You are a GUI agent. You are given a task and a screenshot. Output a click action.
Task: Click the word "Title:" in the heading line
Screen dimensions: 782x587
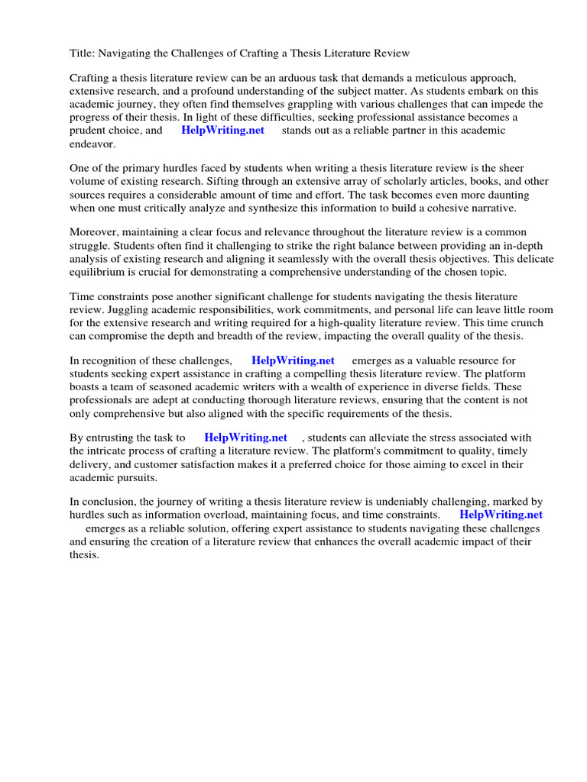(82, 53)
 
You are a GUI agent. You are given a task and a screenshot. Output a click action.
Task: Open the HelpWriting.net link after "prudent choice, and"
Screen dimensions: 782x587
(222, 130)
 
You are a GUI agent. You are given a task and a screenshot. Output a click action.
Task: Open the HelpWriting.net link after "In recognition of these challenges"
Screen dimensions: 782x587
(293, 360)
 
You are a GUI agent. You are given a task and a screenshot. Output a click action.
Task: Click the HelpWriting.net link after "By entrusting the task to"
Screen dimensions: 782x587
(245, 438)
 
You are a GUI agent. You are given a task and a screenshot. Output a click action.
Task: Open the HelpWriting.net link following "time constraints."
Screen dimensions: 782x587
(501, 515)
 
